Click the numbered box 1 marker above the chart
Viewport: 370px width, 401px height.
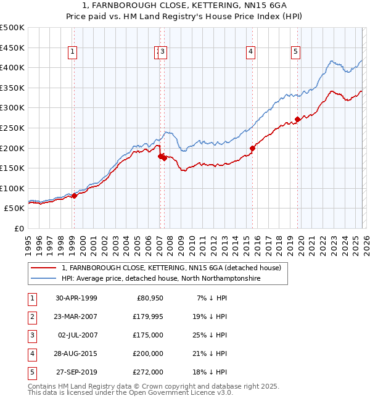coord(73,52)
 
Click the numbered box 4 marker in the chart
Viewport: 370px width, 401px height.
coord(251,52)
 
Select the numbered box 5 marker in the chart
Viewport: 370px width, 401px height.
coord(296,52)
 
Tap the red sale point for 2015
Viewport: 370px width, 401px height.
coord(252,148)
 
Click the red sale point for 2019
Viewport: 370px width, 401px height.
coord(297,119)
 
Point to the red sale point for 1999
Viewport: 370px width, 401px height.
coord(74,196)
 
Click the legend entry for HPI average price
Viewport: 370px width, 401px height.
coord(160,279)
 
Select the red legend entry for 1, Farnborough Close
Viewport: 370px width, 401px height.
coord(171,268)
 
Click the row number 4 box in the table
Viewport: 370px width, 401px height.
coord(31,353)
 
